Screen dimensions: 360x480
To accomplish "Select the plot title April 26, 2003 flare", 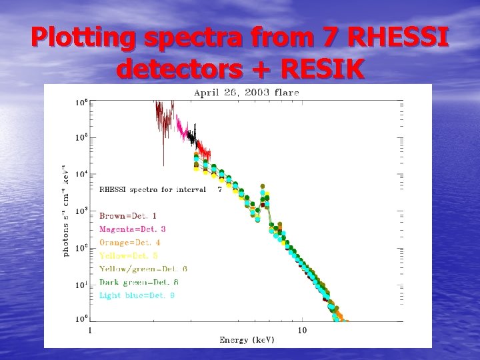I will click(246, 93).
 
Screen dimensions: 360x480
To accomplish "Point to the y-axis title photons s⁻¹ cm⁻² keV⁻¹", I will click(65, 211).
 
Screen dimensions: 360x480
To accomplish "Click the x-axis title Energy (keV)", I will click(247, 340).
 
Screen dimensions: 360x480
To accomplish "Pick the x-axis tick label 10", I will click(302, 330).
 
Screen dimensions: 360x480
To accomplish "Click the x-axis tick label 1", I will click(91, 330).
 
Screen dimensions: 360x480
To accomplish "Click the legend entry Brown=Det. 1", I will click(128, 215).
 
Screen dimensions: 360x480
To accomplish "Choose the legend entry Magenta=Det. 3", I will click(133, 229).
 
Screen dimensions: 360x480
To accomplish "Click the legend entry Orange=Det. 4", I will click(130, 242).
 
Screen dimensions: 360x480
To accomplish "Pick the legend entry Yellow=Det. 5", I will click(129, 255).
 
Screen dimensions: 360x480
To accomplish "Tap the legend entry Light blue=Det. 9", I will click(137, 295).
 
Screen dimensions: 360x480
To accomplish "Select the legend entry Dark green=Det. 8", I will click(143, 282).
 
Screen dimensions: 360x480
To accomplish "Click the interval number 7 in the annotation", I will click(220, 189).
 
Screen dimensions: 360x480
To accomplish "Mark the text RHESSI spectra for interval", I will click(153, 189).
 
